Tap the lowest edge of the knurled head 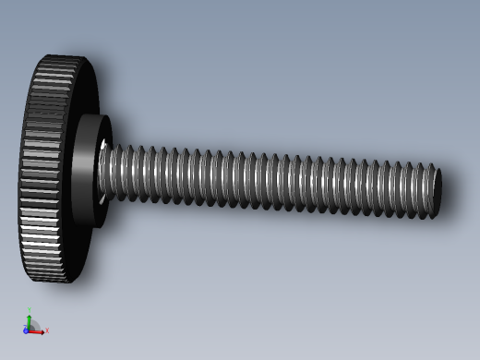click(x=52, y=279)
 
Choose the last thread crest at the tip click(x=429, y=192)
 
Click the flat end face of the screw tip click(x=438, y=192)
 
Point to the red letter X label click(x=46, y=330)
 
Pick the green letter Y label click(x=30, y=310)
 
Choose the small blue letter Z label click(x=25, y=325)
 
